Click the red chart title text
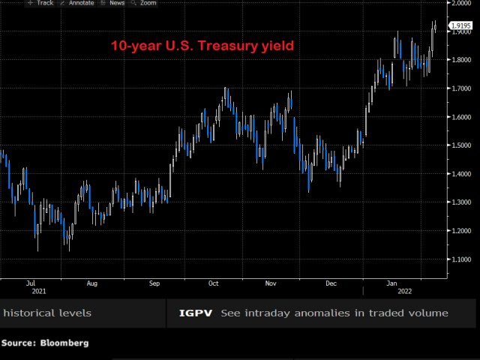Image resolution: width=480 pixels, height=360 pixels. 202,46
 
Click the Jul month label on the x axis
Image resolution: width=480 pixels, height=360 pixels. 31,284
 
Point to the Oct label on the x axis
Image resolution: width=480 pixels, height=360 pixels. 212,284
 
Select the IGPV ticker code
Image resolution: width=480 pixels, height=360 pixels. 196,313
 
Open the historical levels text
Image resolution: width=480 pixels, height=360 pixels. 48,313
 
